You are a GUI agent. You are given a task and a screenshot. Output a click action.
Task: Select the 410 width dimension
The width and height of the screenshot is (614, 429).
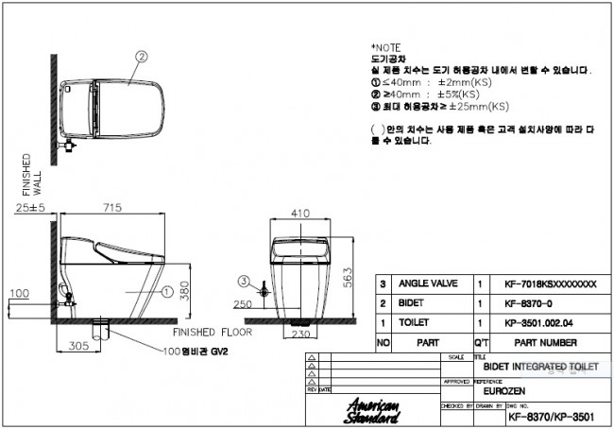click(x=300, y=214)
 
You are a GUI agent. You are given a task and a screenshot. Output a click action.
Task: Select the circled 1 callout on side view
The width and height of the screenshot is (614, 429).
click(x=164, y=293)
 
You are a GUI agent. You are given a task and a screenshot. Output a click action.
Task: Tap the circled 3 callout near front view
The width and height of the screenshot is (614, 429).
click(x=243, y=281)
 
